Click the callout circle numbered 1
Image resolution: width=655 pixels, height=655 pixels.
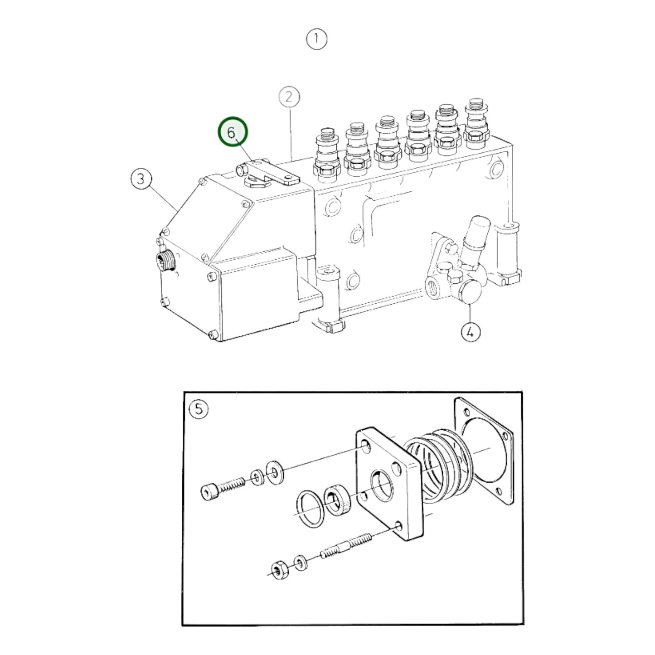pos(316,39)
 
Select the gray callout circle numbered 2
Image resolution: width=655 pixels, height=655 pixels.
pos(289,97)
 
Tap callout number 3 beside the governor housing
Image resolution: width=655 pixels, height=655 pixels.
pos(141,179)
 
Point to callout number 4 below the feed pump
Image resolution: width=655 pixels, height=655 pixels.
pos(470,332)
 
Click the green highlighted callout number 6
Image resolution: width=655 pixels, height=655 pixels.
pos(233,133)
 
